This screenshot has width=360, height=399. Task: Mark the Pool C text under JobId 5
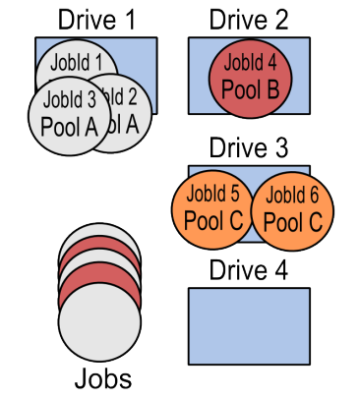tap(212, 221)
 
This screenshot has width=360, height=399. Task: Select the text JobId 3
tap(70, 99)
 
